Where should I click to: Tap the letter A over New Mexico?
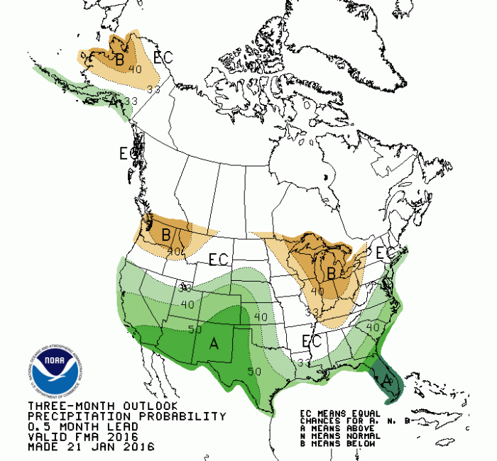point(213,344)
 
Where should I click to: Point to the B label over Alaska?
point(120,61)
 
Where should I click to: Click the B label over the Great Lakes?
point(331,272)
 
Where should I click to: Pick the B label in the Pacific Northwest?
point(165,234)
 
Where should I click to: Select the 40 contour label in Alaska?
point(135,70)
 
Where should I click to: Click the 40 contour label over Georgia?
point(371,327)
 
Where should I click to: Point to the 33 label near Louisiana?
point(304,362)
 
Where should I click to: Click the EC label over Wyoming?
point(218,260)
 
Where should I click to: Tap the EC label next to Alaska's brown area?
point(163,57)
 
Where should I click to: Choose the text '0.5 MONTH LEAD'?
point(69,426)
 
